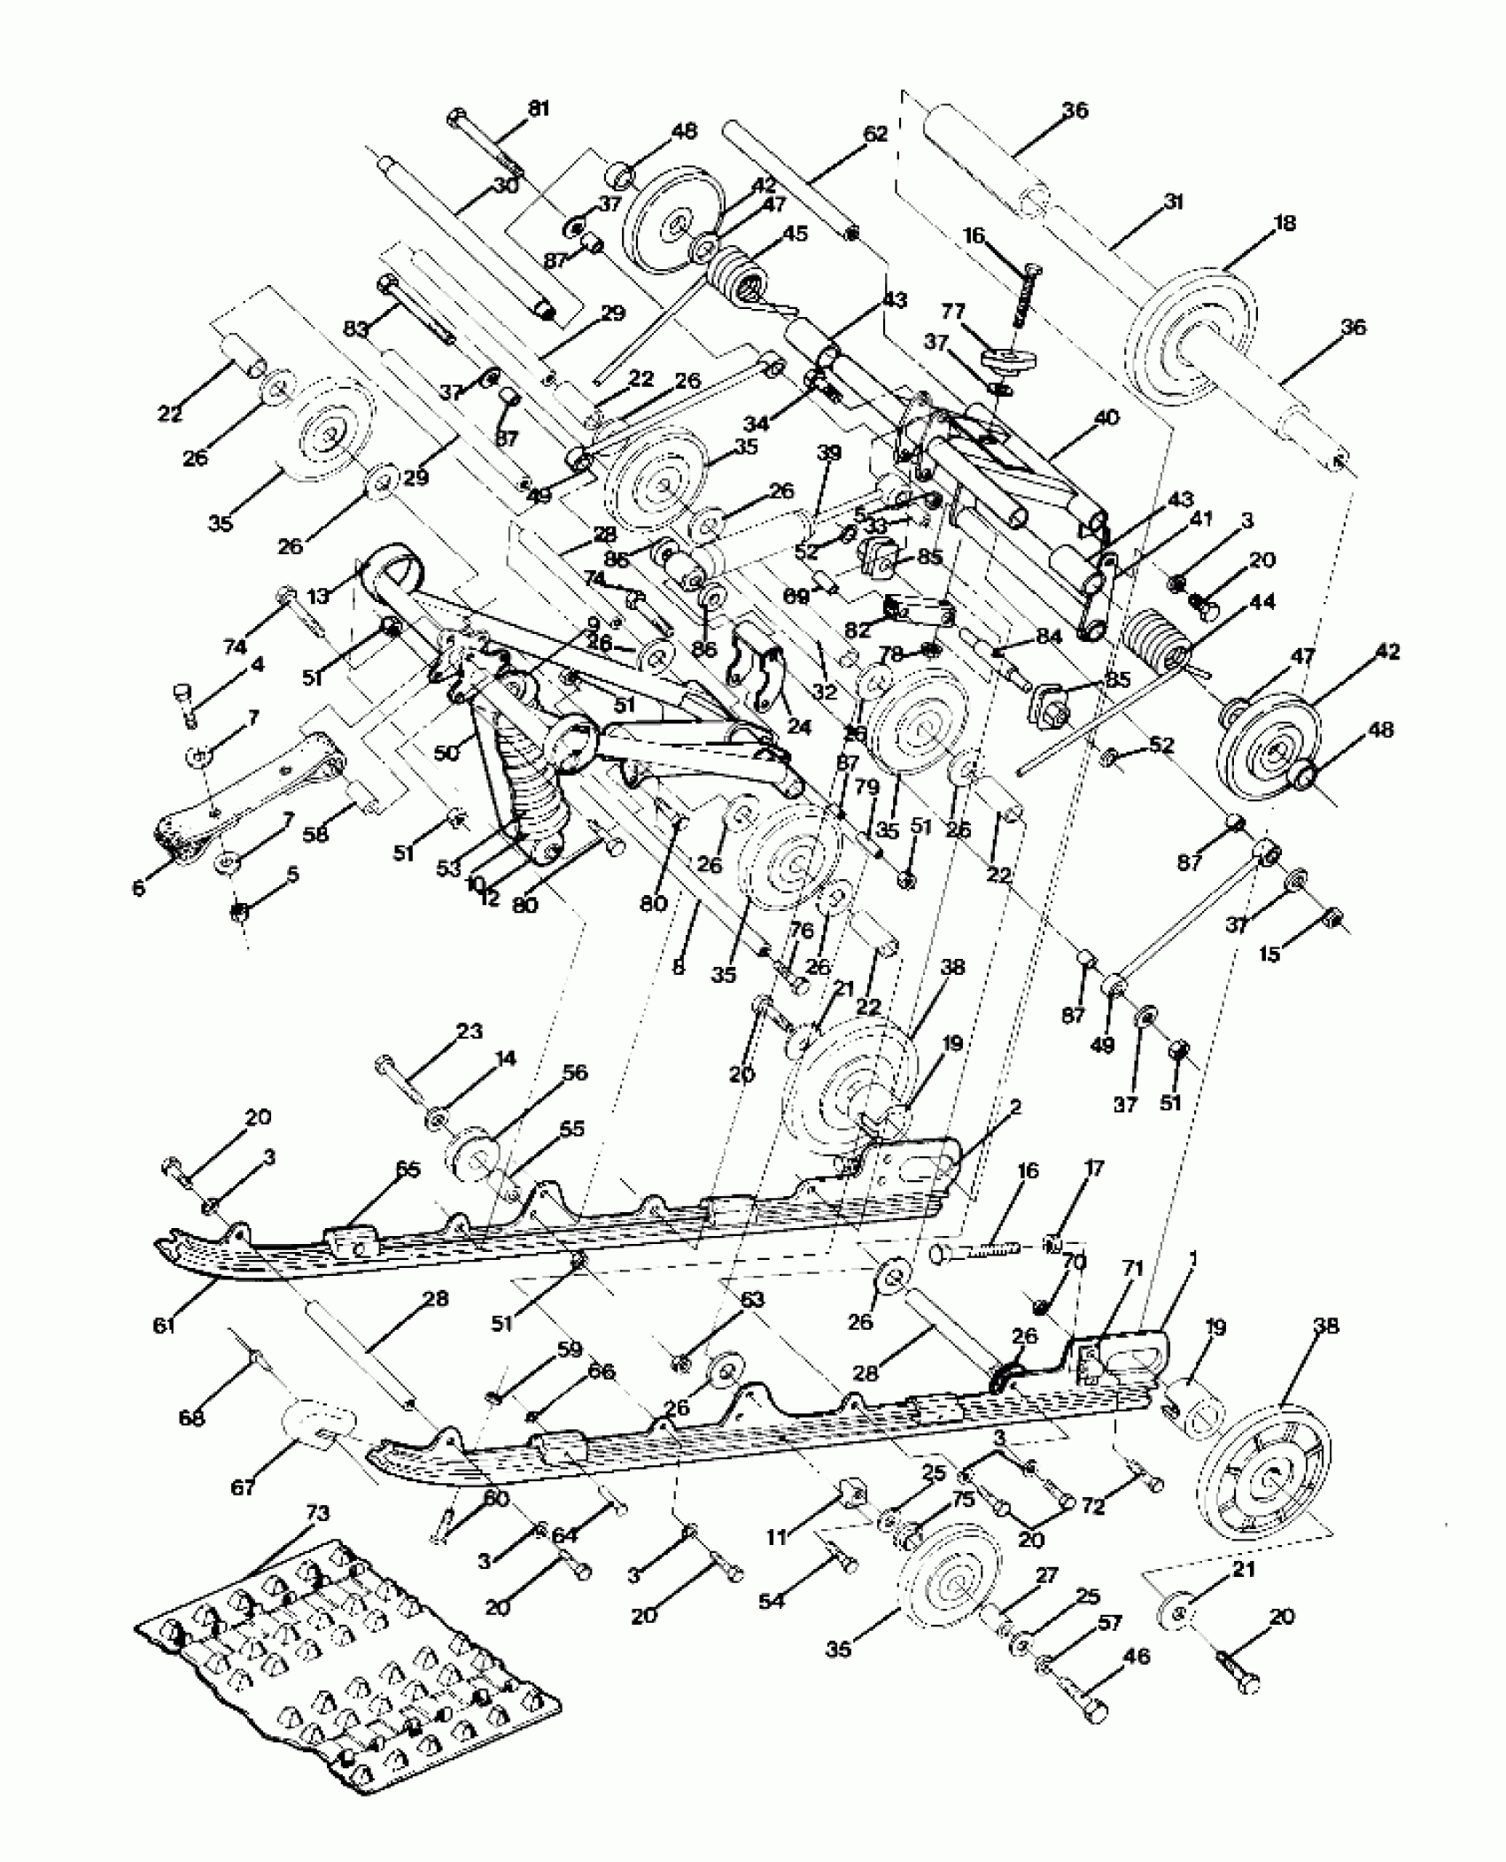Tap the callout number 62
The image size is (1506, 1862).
pos(874,135)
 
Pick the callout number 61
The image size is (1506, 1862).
pos(164,1325)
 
